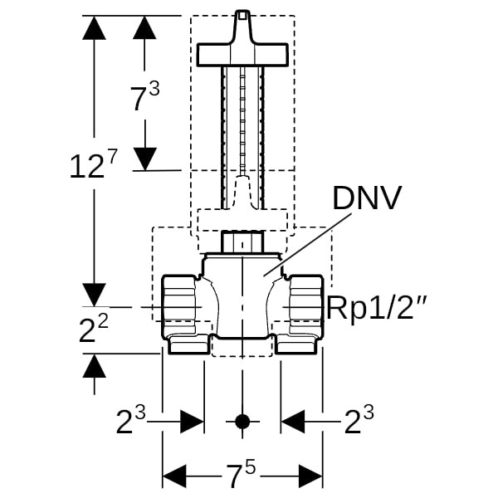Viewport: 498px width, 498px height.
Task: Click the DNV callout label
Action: [367, 200]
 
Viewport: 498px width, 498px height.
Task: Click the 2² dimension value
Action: [92, 330]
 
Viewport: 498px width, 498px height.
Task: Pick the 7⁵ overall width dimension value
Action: [242, 476]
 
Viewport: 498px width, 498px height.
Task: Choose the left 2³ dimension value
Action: [132, 422]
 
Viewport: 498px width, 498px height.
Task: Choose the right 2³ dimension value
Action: [358, 422]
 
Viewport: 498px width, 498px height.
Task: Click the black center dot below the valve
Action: [242, 422]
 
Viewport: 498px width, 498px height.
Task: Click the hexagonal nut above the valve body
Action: [242, 243]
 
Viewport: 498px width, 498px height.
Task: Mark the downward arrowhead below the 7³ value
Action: [145, 159]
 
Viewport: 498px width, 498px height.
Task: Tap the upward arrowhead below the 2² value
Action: [94, 365]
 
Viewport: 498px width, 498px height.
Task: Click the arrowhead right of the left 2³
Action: [193, 422]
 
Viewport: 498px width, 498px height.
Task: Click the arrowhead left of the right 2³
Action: [292, 422]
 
